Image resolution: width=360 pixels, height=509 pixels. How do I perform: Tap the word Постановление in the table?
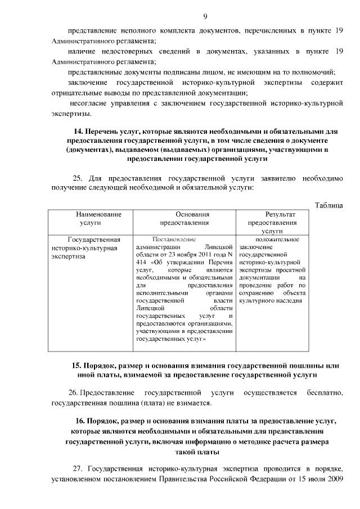click(174, 239)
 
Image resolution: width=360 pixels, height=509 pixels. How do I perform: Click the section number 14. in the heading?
click(72, 132)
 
